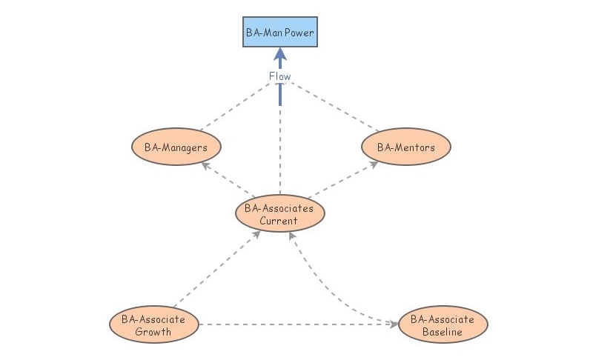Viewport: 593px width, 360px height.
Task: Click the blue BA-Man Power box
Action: click(x=280, y=32)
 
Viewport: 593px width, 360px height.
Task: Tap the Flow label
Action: click(x=280, y=76)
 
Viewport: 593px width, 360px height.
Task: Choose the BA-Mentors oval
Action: click(x=405, y=147)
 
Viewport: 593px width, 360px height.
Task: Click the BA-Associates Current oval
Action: click(x=279, y=214)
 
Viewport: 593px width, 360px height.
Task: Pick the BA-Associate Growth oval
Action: click(x=154, y=325)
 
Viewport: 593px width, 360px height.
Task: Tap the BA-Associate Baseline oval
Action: click(x=443, y=325)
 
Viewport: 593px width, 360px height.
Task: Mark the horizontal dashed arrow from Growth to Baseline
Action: click(x=296, y=324)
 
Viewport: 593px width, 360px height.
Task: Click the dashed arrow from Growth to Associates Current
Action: click(x=215, y=270)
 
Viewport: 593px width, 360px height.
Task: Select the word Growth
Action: click(x=154, y=332)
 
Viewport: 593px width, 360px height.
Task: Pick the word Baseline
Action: click(x=443, y=332)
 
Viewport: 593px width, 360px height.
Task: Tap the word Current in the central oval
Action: click(x=279, y=221)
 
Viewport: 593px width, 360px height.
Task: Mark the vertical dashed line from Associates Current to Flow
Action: click(x=280, y=148)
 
